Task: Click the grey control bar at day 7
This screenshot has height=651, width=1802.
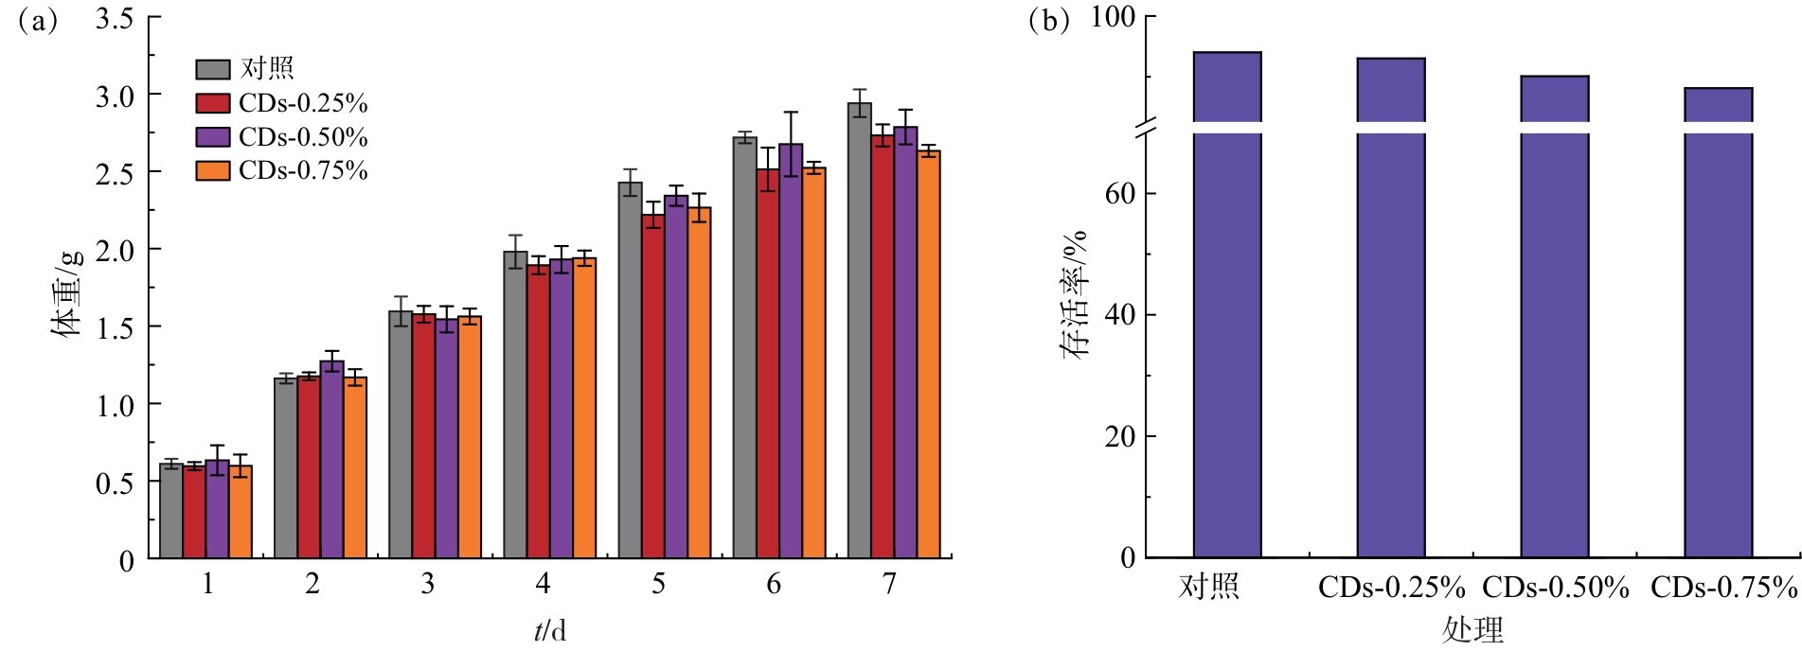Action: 859,331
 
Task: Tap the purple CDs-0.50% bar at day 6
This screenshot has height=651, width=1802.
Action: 791,351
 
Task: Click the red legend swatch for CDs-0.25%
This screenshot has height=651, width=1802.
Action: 213,103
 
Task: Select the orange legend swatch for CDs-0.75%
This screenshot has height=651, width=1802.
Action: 213,170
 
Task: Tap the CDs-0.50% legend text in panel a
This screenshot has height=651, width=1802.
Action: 303,137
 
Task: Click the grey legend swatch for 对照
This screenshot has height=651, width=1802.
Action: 213,69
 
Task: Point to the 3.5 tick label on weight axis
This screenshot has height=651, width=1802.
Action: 115,18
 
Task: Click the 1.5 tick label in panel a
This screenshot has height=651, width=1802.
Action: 115,327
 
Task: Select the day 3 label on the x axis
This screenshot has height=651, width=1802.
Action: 428,584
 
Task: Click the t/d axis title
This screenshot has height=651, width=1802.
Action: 549,630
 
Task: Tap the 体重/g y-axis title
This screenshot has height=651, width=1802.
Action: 67,293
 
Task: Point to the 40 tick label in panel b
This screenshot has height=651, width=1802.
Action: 1119,315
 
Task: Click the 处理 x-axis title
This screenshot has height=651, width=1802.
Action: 1472,630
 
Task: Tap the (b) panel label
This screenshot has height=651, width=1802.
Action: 1048,20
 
